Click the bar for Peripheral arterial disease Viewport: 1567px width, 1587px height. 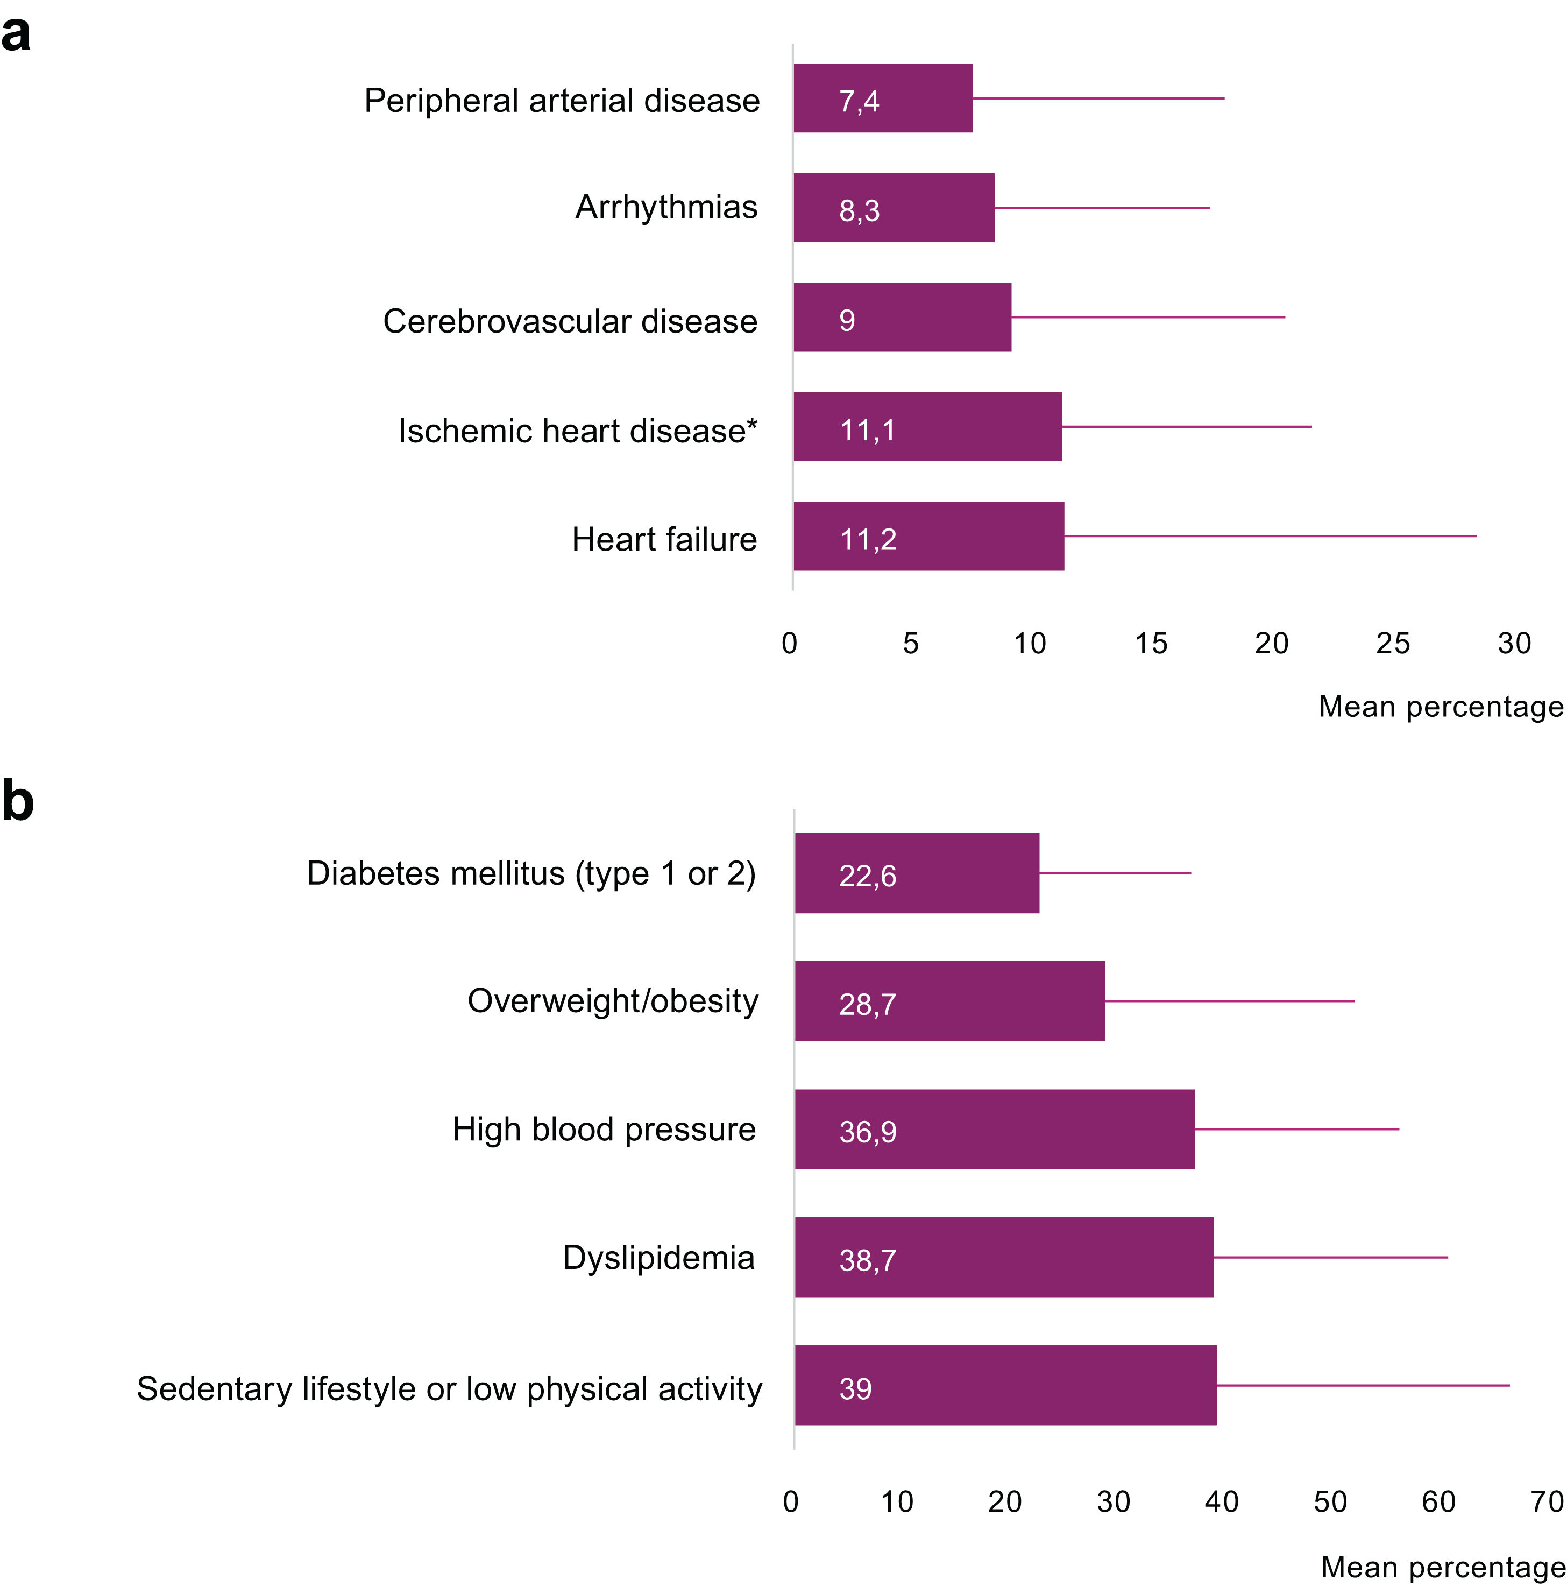(x=882, y=98)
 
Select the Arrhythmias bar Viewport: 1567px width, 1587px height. (x=894, y=208)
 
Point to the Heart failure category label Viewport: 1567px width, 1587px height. (x=664, y=540)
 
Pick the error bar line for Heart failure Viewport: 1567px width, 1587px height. (x=1269, y=535)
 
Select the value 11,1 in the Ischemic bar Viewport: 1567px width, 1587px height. (x=867, y=431)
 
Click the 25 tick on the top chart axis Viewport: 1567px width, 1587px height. (x=1392, y=643)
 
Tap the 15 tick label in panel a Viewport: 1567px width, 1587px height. (x=1151, y=643)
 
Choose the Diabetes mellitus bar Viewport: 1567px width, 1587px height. (x=917, y=872)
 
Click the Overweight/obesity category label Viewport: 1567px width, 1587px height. (x=613, y=1000)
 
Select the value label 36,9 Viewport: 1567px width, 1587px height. (x=867, y=1132)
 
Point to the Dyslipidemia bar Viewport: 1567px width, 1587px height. (x=1004, y=1257)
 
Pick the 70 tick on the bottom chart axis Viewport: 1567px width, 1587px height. (x=1547, y=1501)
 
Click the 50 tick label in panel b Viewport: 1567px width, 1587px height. (x=1330, y=1501)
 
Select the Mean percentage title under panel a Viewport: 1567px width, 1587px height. (x=1441, y=707)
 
